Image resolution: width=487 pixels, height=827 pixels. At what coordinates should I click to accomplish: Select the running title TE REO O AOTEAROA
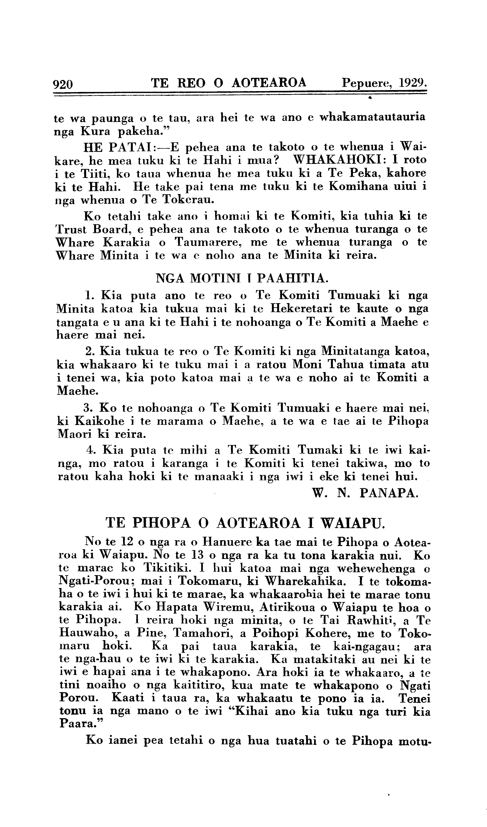(x=229, y=83)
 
